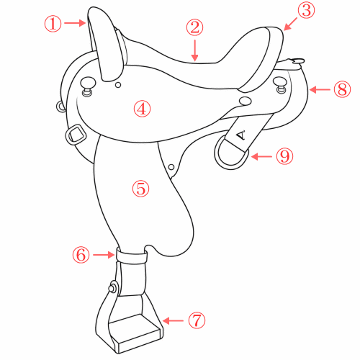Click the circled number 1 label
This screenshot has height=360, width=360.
pyautogui.click(x=53, y=23)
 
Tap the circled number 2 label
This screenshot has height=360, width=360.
pyautogui.click(x=194, y=27)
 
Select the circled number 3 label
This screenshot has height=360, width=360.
pyautogui.click(x=306, y=10)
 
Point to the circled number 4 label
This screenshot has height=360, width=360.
pyautogui.click(x=142, y=109)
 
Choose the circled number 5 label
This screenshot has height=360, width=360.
pyautogui.click(x=140, y=189)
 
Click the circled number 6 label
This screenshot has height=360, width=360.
pyautogui.click(x=81, y=255)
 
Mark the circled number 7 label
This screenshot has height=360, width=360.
pyautogui.click(x=197, y=320)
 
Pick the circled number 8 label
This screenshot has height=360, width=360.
pyautogui.click(x=342, y=89)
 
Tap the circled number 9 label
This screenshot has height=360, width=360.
pyautogui.click(x=284, y=156)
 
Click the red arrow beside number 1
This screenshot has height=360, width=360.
pyautogui.click(x=75, y=23)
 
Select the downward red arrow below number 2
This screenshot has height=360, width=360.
pyautogui.click(x=195, y=50)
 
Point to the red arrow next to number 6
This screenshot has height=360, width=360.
pyautogui.click(x=104, y=255)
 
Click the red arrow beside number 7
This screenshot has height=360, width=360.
pyautogui.click(x=173, y=320)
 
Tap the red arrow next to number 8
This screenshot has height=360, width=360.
pyautogui.click(x=320, y=90)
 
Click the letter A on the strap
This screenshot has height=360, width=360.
pyautogui.click(x=240, y=135)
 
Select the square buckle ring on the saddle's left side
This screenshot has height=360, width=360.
pyautogui.click(x=76, y=135)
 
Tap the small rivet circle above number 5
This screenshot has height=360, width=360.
pyautogui.click(x=171, y=167)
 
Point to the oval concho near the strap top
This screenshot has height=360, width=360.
pyautogui.click(x=246, y=101)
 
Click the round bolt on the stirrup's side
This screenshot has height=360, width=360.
pyautogui.click(x=112, y=287)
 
